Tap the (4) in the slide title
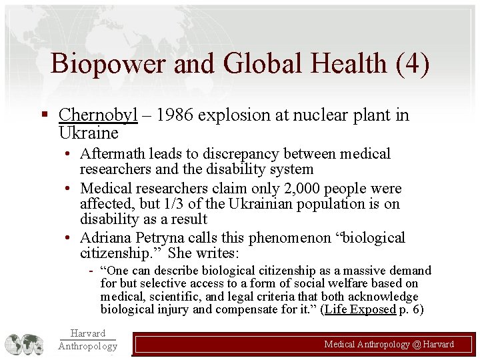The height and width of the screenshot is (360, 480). pos(412,64)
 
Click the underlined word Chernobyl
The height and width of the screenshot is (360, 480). pos(98,115)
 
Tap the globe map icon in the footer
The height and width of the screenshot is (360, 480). pos(24,344)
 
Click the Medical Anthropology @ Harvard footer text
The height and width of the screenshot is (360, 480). pos(389,345)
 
